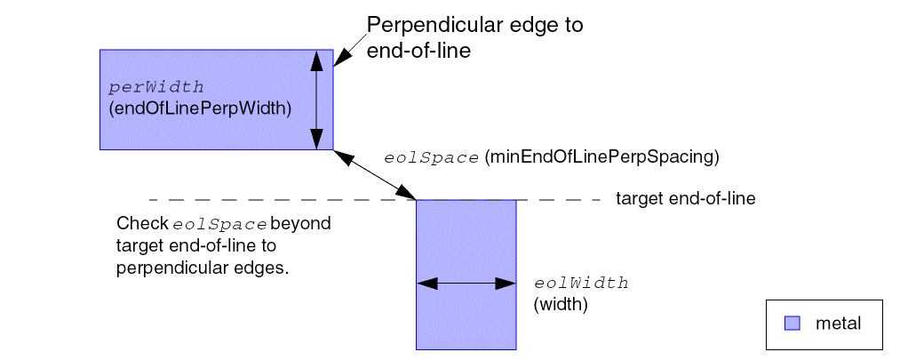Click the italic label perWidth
[156, 88]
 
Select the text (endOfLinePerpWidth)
[199, 108]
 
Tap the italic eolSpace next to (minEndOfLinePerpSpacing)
[431, 157]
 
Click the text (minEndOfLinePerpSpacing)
[601, 157]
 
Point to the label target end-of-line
[685, 199]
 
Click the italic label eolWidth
[581, 284]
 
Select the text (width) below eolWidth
[561, 304]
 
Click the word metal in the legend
[838, 324]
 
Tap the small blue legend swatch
[792, 324]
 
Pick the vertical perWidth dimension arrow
[315, 100]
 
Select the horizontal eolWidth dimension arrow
[466, 284]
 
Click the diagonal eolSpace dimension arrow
[375, 175]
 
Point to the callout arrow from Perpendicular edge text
[349, 50]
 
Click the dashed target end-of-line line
[267, 200]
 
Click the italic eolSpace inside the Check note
[220, 223]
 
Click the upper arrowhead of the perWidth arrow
[315, 59]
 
